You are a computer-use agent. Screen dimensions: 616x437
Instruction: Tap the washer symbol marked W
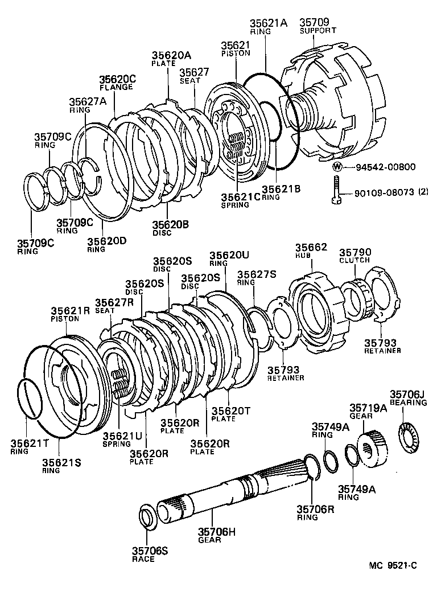point(337,167)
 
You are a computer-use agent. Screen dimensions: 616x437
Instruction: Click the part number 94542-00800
point(386,167)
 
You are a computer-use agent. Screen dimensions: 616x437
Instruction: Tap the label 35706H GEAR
point(216,536)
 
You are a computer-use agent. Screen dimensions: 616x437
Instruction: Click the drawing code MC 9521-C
point(393,566)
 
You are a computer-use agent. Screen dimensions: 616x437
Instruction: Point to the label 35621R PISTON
point(71,315)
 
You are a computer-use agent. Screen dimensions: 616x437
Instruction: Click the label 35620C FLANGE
point(118,83)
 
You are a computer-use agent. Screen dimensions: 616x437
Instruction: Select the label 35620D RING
point(106,244)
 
